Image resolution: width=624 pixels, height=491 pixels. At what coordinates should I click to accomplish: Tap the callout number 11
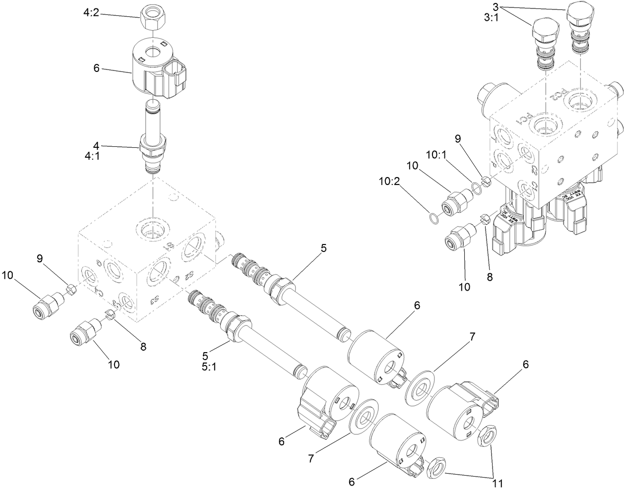pyautogui.click(x=498, y=482)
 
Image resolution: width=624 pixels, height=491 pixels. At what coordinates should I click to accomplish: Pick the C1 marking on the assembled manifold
pyautogui.click(x=534, y=187)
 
